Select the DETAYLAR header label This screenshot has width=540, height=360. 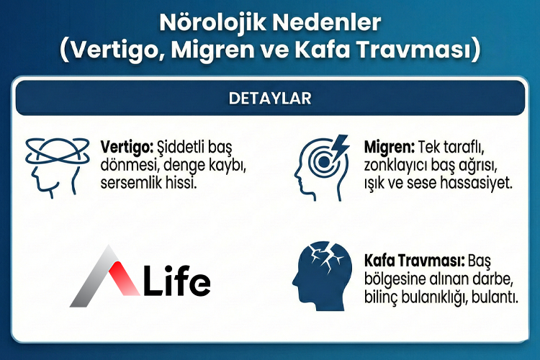[270, 98]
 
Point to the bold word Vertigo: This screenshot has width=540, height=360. [122, 146]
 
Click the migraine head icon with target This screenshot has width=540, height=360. [320, 167]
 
